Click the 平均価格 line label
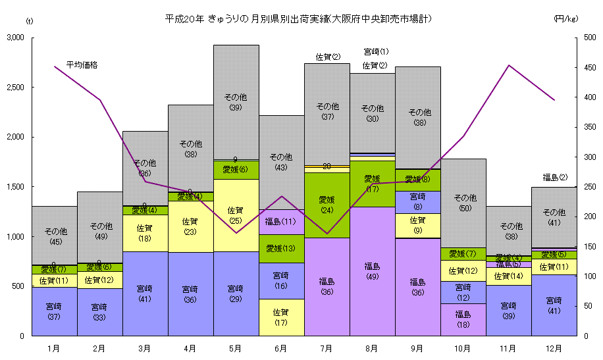tap(82, 65)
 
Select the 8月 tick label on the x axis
tap(372, 347)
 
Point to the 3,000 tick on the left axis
tap(14, 38)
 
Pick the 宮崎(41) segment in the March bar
tap(145, 294)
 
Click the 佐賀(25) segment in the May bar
tap(236, 215)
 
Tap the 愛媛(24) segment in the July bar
tap(327, 205)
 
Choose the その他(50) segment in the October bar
tap(463, 203)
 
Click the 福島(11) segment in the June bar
tap(281, 222)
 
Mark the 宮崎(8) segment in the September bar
tap(417, 201)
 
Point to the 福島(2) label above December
tap(554, 177)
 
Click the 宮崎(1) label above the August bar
tap(376, 51)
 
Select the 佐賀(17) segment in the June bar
tap(281, 317)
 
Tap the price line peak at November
tap(509, 65)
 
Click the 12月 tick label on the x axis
tap(554, 347)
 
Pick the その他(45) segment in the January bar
tap(54, 236)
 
